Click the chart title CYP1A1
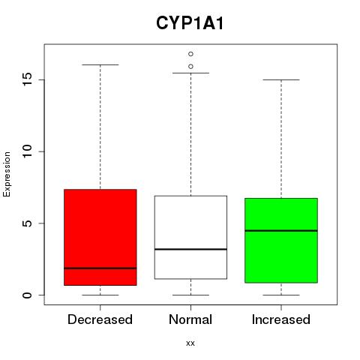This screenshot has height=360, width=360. [190, 23]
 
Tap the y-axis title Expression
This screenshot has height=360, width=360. [7, 174]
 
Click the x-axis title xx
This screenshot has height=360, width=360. [190, 343]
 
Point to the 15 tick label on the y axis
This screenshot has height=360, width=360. [28, 79]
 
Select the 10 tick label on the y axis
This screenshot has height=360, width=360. [28, 151]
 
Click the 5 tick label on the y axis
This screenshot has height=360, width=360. [28, 223]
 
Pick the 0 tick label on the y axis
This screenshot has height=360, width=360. [28, 295]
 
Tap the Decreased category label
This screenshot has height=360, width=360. [100, 319]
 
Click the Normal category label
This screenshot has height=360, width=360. [190, 319]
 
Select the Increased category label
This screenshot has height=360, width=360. [281, 319]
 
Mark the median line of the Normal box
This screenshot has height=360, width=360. [190, 249]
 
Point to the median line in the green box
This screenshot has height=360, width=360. [281, 231]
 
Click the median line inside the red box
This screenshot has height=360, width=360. [100, 268]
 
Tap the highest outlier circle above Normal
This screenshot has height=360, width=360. [190, 54]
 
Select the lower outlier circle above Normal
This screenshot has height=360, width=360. [190, 67]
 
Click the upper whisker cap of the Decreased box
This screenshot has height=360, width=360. [100, 64]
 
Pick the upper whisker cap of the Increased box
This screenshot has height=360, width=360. [281, 79]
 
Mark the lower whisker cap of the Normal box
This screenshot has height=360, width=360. [190, 295]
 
